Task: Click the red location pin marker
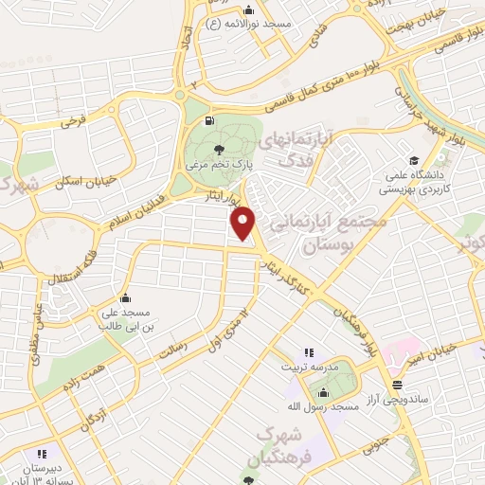244,225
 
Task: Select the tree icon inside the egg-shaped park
220,149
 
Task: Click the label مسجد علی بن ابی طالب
127,318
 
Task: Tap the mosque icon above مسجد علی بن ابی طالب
126,297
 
